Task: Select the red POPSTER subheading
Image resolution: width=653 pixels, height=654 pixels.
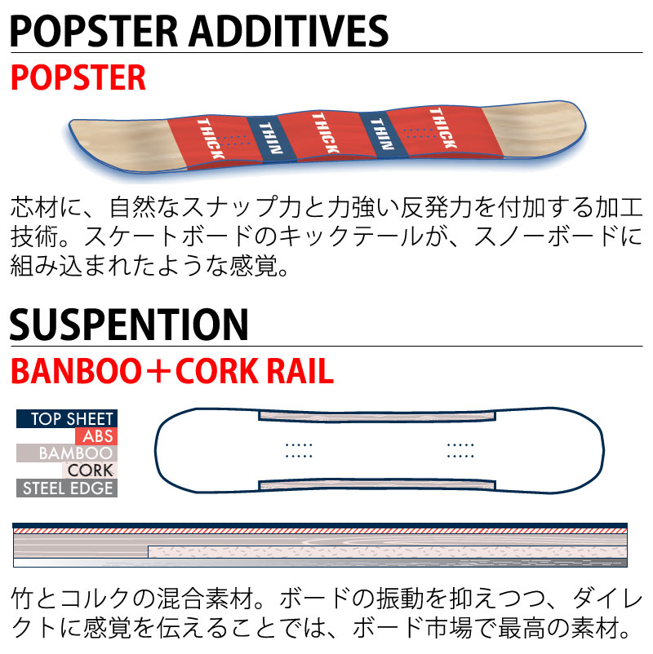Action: click(78, 77)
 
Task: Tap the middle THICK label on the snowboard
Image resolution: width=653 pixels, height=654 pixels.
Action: click(322, 131)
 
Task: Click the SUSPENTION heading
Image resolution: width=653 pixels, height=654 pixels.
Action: click(129, 325)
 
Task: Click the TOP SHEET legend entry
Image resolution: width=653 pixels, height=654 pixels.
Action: click(67, 419)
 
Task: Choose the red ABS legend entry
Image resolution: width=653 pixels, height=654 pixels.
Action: click(98, 436)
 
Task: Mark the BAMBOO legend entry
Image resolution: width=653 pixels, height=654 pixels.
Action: click(73, 453)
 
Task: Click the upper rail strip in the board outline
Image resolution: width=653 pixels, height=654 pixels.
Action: click(377, 416)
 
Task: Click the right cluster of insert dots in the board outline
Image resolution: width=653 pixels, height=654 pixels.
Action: click(460, 449)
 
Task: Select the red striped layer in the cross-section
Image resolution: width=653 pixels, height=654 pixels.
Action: click(320, 530)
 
